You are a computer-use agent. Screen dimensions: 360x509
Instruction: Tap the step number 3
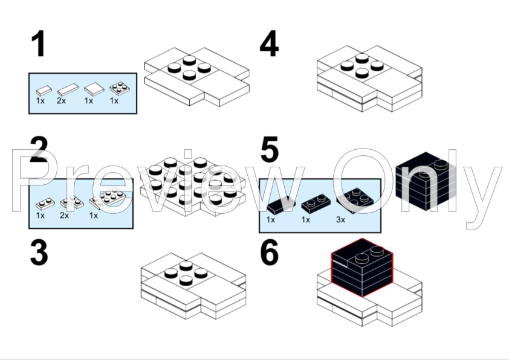click(39, 254)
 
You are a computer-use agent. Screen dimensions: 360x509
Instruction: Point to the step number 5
click(269, 150)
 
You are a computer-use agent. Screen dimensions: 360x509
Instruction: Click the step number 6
click(269, 254)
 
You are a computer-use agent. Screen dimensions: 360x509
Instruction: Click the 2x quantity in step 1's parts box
click(62, 100)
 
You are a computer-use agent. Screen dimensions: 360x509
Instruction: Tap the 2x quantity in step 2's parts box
click(64, 215)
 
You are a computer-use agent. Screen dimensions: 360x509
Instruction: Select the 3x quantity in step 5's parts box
click(340, 220)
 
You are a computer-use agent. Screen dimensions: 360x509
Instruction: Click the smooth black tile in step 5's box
click(279, 205)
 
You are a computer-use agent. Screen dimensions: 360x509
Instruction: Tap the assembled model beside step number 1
click(196, 76)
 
